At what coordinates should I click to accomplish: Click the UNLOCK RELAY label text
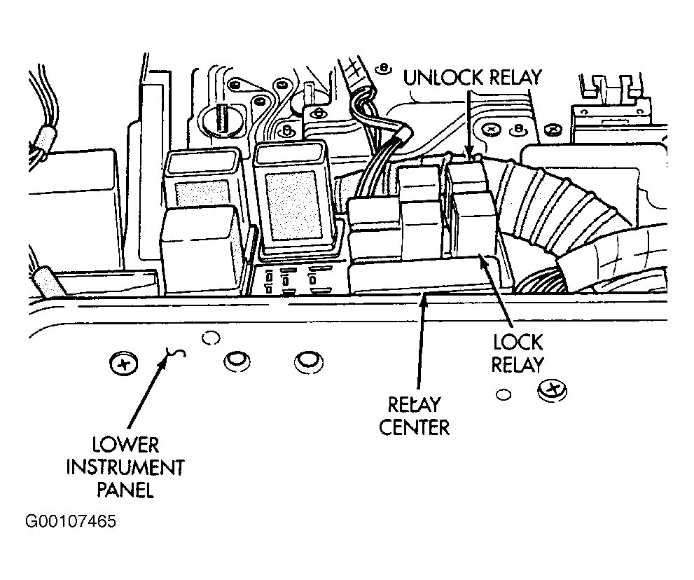click(x=472, y=78)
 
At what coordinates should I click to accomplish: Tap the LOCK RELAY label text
click(x=518, y=354)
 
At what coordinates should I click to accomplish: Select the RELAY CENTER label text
click(x=415, y=416)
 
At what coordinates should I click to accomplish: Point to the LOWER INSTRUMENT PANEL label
click(x=125, y=467)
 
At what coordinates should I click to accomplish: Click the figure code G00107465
click(x=71, y=522)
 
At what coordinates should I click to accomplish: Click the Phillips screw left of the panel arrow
click(x=123, y=364)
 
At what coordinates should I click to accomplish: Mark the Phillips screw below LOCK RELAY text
click(x=553, y=391)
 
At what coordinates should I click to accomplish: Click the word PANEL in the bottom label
click(x=125, y=490)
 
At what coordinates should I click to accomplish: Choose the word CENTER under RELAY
click(x=415, y=428)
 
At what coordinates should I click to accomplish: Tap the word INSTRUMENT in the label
click(x=125, y=467)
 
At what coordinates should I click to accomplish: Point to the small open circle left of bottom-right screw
click(x=504, y=394)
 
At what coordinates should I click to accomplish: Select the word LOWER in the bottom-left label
click(x=125, y=445)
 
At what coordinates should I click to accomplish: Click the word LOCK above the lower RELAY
click(x=518, y=343)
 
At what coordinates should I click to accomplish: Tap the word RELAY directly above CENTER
click(x=415, y=405)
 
